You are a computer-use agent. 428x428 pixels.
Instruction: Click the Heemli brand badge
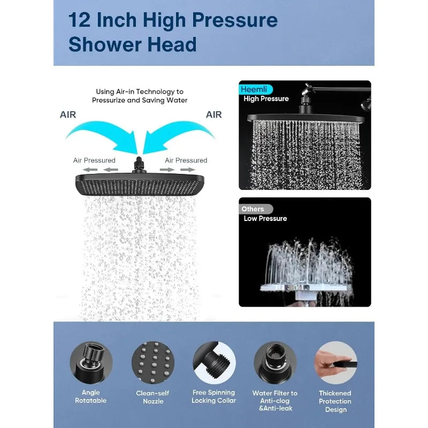tap(256, 89)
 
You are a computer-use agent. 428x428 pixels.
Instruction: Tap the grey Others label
tap(256, 209)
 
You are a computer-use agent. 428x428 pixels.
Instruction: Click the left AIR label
tap(68, 114)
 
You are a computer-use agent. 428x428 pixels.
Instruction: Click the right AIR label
tap(213, 114)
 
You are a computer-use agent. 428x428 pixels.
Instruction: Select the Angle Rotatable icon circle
tap(91, 363)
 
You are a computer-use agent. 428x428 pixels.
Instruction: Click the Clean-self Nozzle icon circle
tap(153, 363)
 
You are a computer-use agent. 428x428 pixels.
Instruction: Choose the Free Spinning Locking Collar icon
tap(215, 363)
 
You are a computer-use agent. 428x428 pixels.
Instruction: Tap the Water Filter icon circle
tap(275, 363)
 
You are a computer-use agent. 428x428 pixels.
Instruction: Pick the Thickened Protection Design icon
tap(336, 363)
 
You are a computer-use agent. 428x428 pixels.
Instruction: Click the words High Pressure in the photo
tap(266, 99)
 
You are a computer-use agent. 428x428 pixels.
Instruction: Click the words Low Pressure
tap(265, 218)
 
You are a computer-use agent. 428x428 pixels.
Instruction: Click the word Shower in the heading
tap(105, 44)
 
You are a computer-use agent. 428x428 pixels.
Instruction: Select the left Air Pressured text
tap(94, 160)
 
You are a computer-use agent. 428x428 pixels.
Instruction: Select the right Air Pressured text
tap(186, 160)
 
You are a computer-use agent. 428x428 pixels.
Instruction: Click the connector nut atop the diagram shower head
tap(139, 165)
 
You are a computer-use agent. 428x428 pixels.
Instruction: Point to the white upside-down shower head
tap(305, 289)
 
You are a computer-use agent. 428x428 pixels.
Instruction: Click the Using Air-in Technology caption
tap(140, 96)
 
